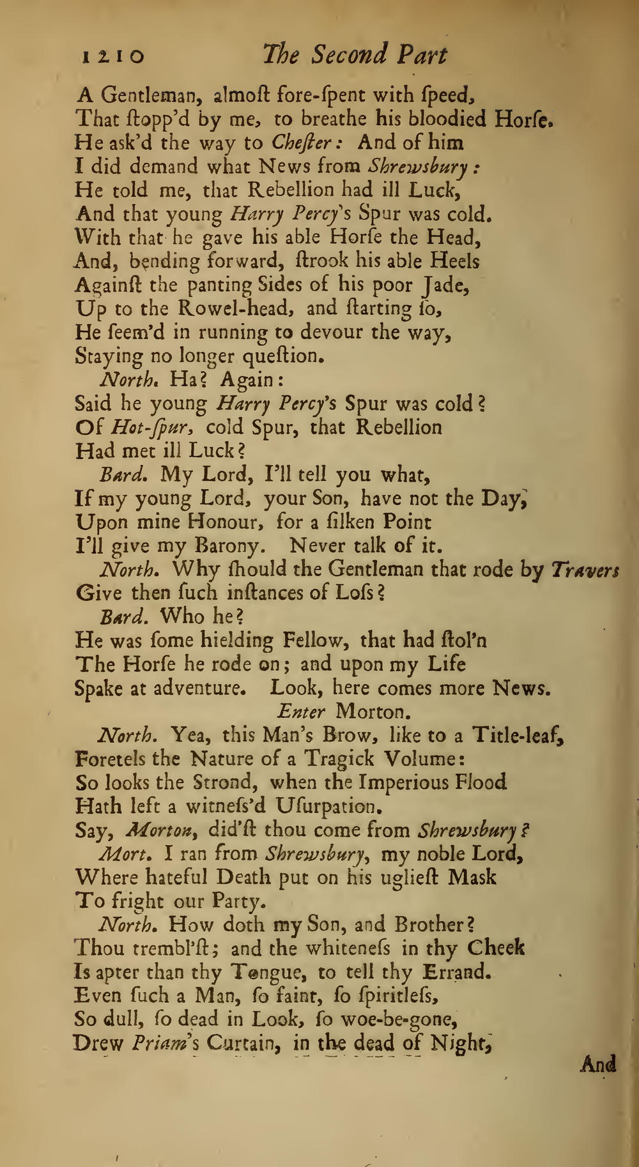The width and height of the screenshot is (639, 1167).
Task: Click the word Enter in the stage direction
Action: tap(302, 711)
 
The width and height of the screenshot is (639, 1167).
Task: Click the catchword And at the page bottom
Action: tap(598, 1064)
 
